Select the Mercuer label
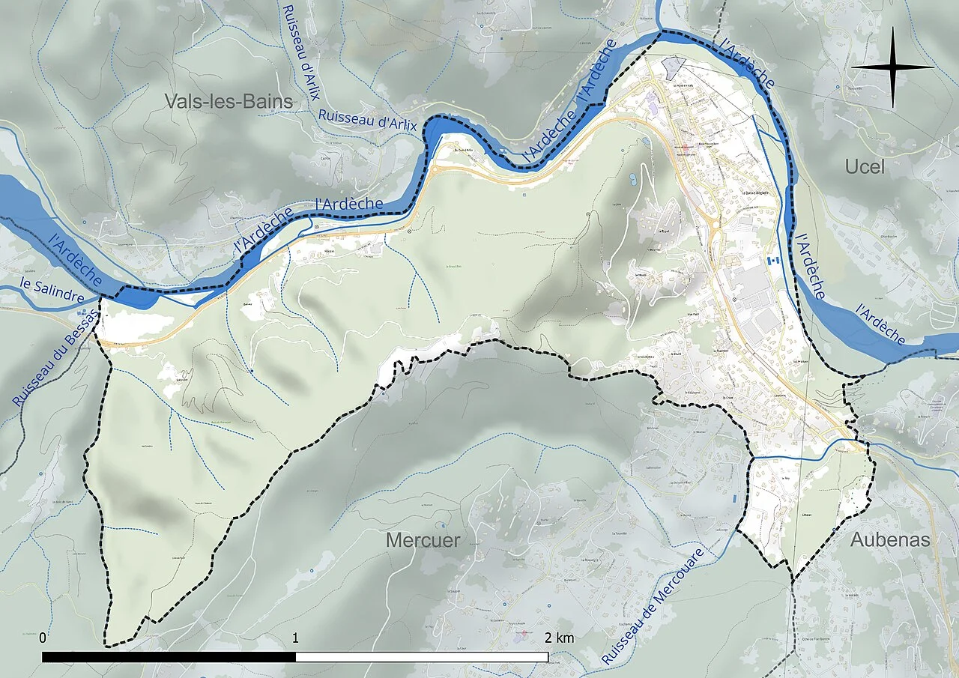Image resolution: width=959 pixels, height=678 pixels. pyautogui.click(x=423, y=539)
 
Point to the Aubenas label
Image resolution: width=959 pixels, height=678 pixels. pyautogui.click(x=889, y=539)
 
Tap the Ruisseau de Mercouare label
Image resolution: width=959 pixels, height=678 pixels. pyautogui.click(x=653, y=605)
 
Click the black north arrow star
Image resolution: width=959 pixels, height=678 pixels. pyautogui.click(x=892, y=67)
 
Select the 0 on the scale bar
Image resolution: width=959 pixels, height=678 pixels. pyautogui.click(x=43, y=638)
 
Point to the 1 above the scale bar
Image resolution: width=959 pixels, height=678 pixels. pyautogui.click(x=295, y=638)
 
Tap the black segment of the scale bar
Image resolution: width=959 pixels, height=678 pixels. pyautogui.click(x=169, y=657)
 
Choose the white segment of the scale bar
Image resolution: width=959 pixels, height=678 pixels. pyautogui.click(x=422, y=657)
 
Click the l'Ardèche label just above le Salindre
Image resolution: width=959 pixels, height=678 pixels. pyautogui.click(x=75, y=260)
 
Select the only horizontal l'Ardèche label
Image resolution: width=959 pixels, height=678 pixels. pyautogui.click(x=349, y=203)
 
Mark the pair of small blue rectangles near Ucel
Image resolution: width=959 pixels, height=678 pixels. pyautogui.click(x=772, y=259)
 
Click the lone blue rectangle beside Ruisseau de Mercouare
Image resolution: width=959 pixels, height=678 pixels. pyautogui.click(x=735, y=497)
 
